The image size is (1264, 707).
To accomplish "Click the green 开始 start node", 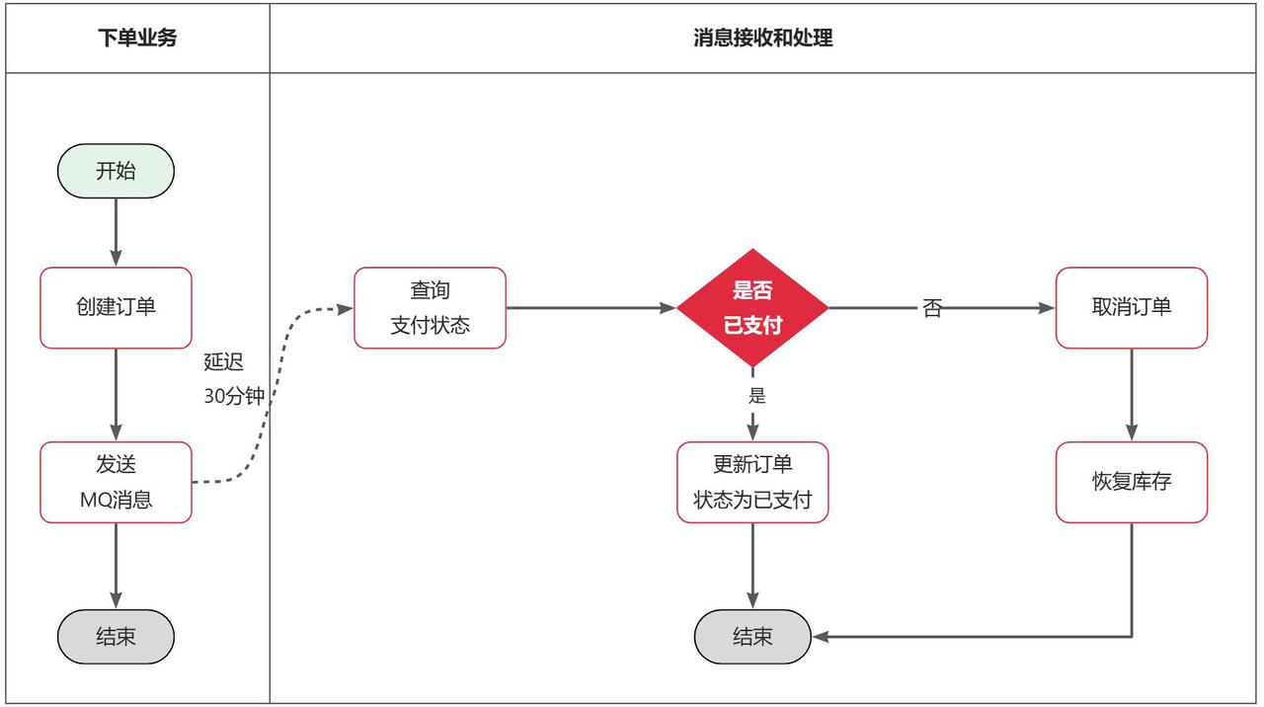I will pos(116,171).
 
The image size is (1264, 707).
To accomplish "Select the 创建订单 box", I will pos(116,307).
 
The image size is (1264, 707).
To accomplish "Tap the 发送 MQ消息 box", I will pos(116,482).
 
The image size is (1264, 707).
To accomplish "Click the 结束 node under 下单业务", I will pos(116,637).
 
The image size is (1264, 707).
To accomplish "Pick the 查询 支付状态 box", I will pos(430,307).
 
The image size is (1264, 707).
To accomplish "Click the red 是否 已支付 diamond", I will pos(752,307).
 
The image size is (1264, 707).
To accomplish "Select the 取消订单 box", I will pos(1131,307).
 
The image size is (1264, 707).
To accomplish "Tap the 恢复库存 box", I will pos(1131,482).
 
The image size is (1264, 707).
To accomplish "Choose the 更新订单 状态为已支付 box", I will pos(752,482).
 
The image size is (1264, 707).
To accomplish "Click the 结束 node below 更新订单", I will pos(752,637).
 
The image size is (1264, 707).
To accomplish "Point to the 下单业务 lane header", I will pos(137,39).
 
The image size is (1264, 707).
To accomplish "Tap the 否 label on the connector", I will pos(931,308).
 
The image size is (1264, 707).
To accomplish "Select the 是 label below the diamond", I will pos(757,397).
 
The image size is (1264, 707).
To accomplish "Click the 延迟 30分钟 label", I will pos(234,379).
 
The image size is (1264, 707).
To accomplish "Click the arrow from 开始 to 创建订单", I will pos(116,232).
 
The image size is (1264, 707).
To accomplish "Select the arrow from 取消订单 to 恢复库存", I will pos(1132,395).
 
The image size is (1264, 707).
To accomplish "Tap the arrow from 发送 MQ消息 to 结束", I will pos(116,566).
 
